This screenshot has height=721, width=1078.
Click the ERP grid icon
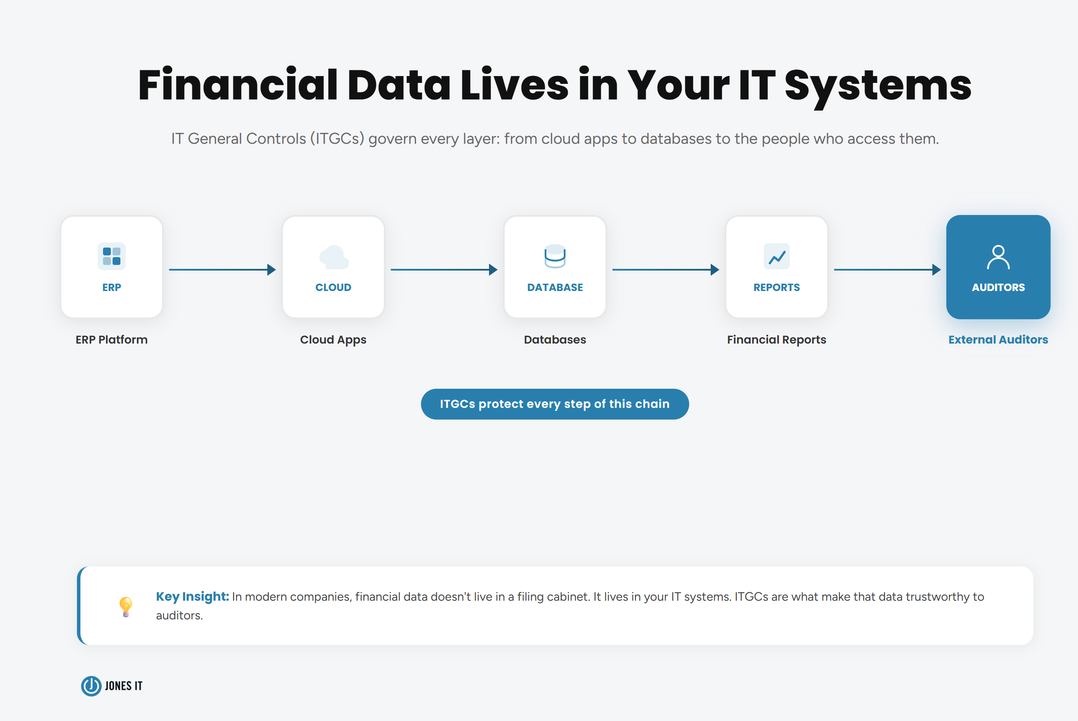pyautogui.click(x=111, y=256)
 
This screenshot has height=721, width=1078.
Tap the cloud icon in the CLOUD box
pyautogui.click(x=333, y=257)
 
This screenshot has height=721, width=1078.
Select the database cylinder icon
pyautogui.click(x=555, y=256)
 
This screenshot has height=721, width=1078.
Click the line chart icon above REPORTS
pyautogui.click(x=777, y=257)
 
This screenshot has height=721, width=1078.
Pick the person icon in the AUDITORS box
pyautogui.click(x=998, y=257)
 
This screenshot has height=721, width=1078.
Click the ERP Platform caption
pyautogui.click(x=111, y=340)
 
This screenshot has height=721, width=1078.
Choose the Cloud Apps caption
pyautogui.click(x=333, y=340)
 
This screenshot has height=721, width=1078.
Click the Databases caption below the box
pyautogui.click(x=555, y=340)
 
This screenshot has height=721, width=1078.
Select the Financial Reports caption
pyautogui.click(x=777, y=340)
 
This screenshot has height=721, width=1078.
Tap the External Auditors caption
pyautogui.click(x=998, y=340)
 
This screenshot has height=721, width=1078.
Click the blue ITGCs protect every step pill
pyautogui.click(x=555, y=404)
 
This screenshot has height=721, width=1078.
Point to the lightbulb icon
pyautogui.click(x=126, y=606)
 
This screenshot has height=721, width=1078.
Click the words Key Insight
pyautogui.click(x=192, y=596)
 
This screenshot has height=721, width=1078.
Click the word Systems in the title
pyautogui.click(x=878, y=86)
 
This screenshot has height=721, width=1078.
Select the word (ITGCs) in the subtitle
pyautogui.click(x=337, y=139)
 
